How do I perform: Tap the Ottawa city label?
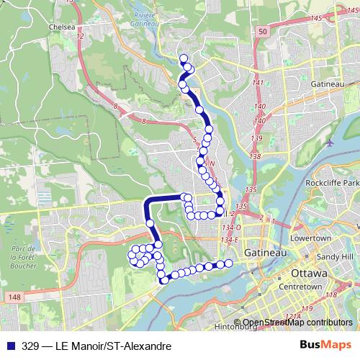tap(310, 274)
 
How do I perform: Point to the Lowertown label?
tap(312, 238)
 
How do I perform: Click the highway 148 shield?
tap(15, 296)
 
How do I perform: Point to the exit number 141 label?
tap(258, 84)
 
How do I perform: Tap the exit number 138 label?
tap(254, 156)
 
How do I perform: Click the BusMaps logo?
tap(327, 346)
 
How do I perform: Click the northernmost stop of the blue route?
tap(184, 59)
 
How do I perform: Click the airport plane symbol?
tap(330, 141)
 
